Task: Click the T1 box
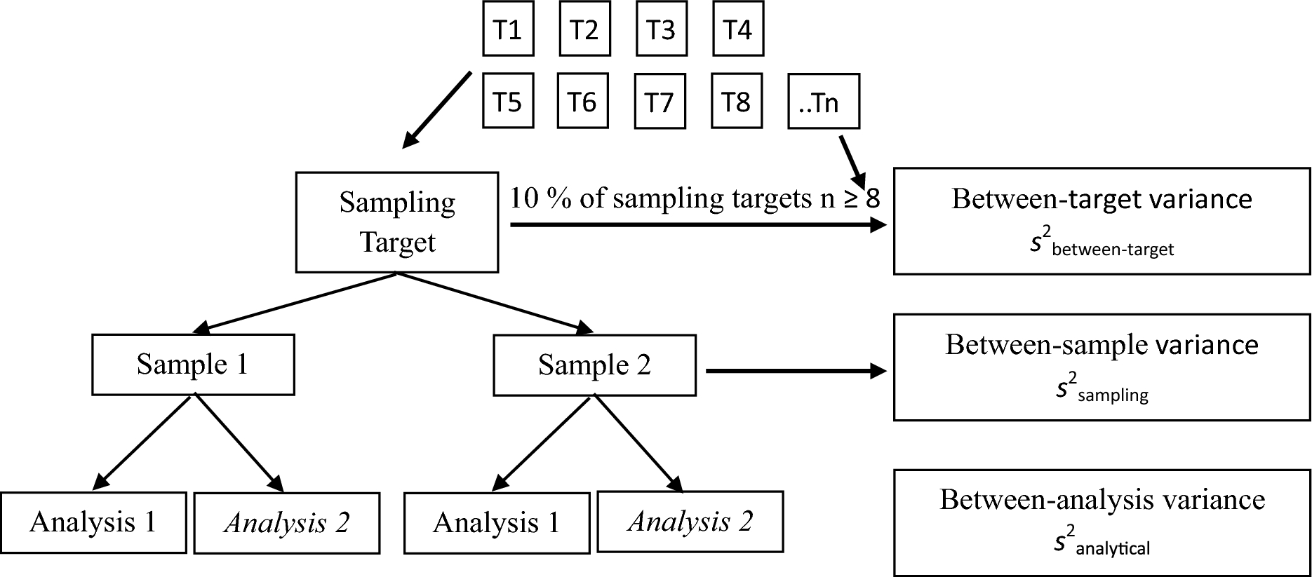tap(508, 30)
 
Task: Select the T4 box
tap(737, 30)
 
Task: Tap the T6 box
tap(582, 102)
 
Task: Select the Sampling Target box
tap(397, 222)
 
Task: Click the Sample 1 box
tap(193, 365)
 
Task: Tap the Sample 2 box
tap(594, 365)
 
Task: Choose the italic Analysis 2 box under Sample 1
tap(287, 523)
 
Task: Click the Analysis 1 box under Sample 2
tap(497, 523)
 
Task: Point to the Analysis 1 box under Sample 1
tap(93, 522)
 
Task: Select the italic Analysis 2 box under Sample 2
tap(690, 522)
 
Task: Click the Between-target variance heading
tap(1102, 199)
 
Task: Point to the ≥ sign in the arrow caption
tap(850, 199)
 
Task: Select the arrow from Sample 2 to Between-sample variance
tap(796, 372)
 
